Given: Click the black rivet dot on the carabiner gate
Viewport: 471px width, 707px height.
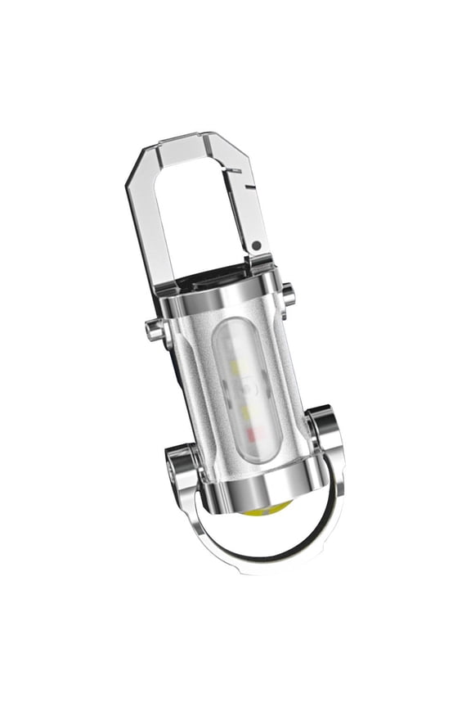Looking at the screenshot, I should pyautogui.click(x=256, y=245).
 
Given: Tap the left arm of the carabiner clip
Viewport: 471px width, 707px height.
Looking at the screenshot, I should pyautogui.click(x=152, y=221).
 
